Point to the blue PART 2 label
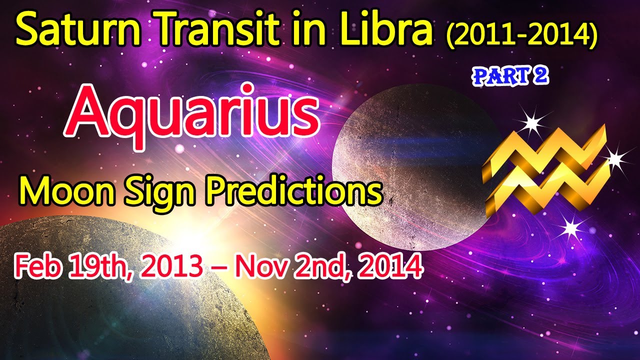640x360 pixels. tap(510, 76)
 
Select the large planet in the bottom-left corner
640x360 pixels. tap(94, 288)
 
